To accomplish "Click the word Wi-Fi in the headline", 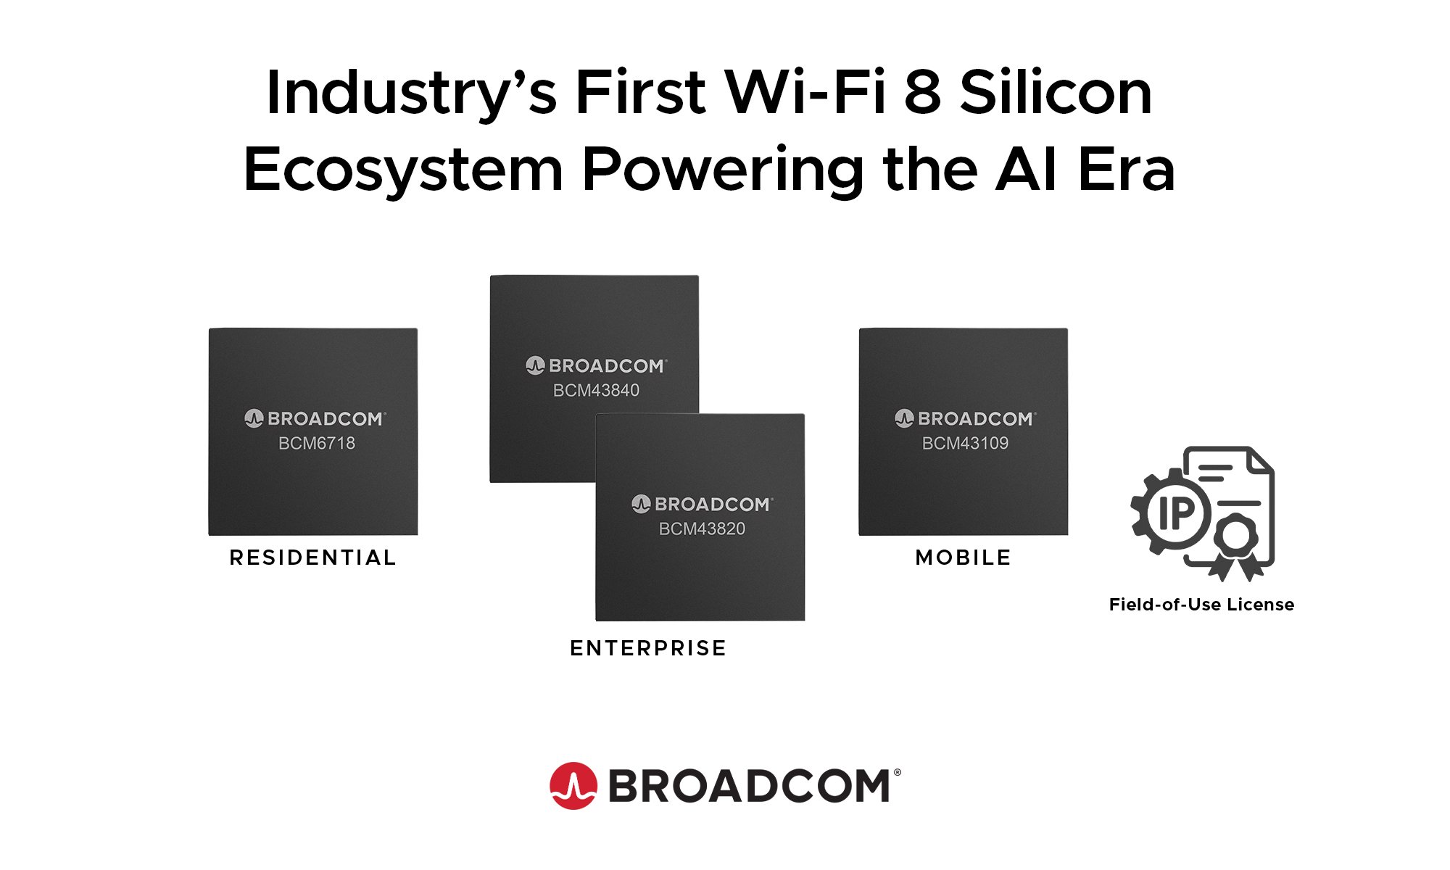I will point(805,93).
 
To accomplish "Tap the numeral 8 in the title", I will point(922,93).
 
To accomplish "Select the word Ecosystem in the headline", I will point(403,170).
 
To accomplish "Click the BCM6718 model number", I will point(317,443).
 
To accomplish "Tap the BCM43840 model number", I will point(596,390).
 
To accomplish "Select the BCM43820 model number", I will point(702,529).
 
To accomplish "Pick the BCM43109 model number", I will point(965,443).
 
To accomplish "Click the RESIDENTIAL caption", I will point(313,558).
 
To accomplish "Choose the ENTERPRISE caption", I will point(648,648).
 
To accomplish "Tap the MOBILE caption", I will point(964,558).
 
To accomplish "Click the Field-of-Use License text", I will point(1201,605).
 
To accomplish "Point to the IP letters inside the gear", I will point(1176,513).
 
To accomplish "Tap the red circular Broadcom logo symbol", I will point(573,786).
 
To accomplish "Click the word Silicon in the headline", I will point(1056,93).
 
